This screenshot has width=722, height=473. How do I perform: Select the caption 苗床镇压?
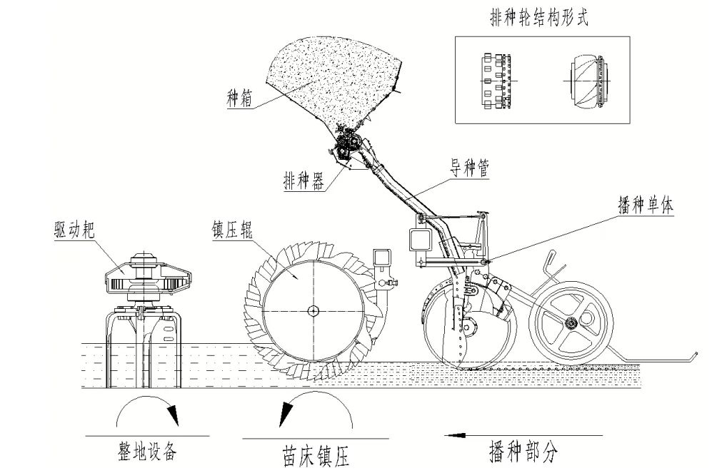click(314, 456)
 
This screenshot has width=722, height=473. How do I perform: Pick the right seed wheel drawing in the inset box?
click(589, 81)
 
